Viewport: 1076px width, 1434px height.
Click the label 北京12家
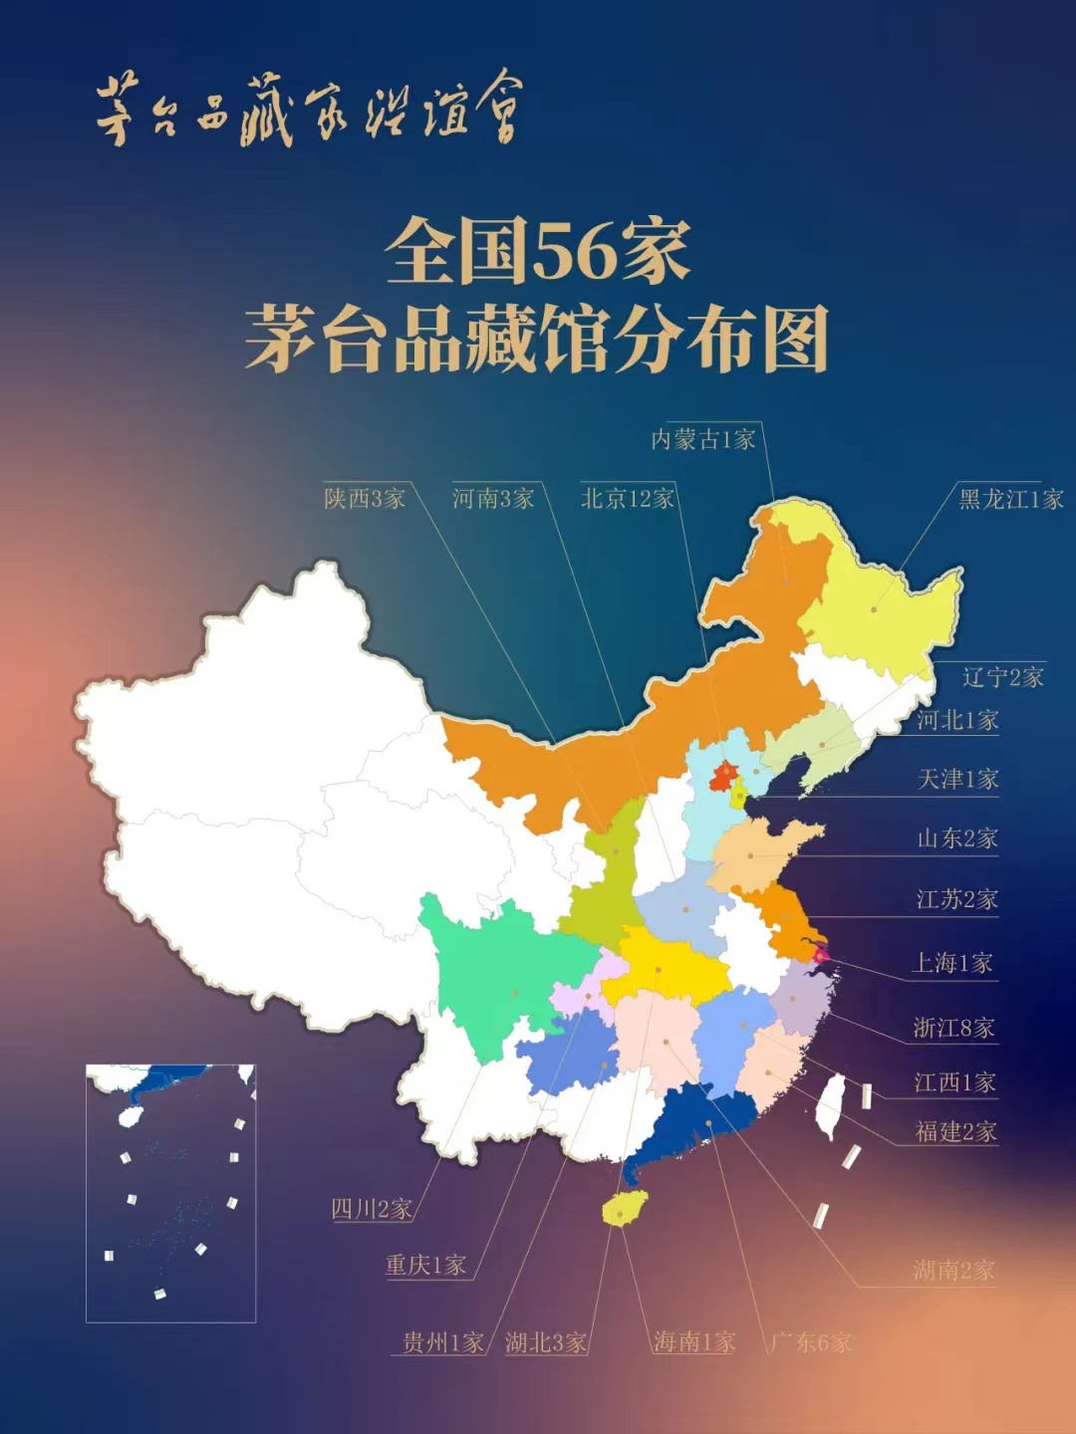coord(627,498)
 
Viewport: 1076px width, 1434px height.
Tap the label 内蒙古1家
coord(703,439)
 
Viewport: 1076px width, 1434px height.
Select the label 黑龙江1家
coord(1010,498)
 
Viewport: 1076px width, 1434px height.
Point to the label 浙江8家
coord(953,1027)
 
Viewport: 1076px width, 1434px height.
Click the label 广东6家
coord(811,1341)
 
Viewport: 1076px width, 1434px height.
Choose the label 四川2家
coord(371,1209)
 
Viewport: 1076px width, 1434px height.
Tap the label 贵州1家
coord(442,1341)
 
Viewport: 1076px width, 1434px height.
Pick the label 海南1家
coord(694,1341)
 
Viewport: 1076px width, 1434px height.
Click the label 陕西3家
coord(365,498)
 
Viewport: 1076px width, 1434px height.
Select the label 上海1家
coord(951,963)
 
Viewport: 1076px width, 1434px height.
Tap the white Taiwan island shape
coord(830,1106)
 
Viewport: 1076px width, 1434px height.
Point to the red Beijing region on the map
coord(723,774)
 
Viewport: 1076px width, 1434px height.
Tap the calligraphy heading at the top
coord(309,110)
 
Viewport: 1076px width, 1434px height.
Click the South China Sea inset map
coord(170,1192)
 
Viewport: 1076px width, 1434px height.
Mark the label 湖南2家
coord(953,1270)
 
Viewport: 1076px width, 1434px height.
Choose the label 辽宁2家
coord(1002,677)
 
